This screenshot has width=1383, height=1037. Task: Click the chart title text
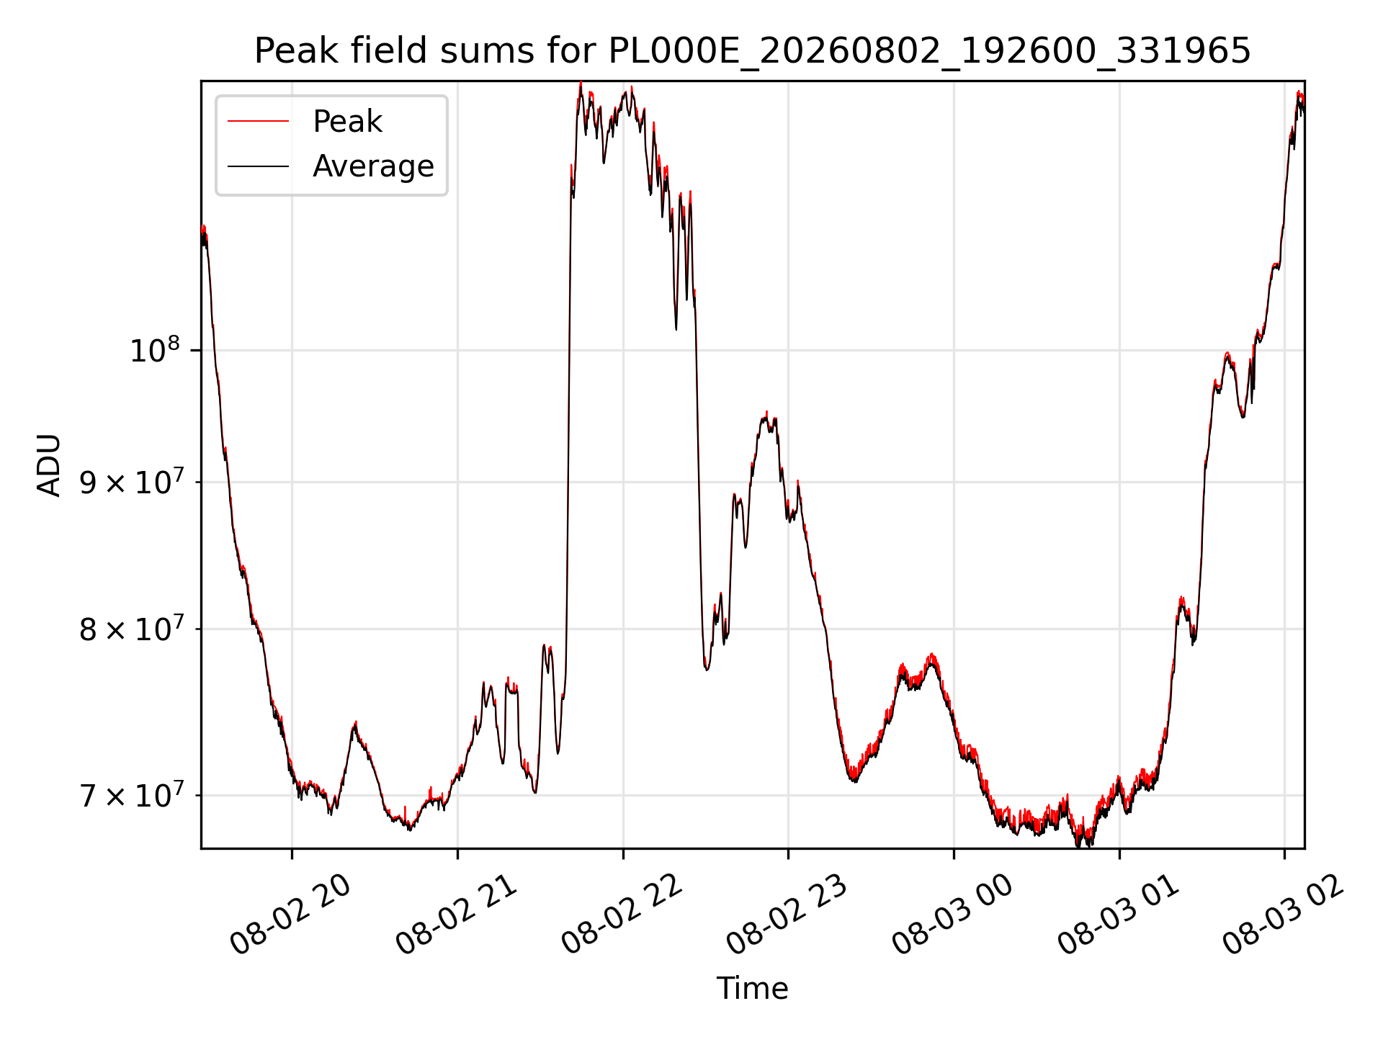[x=752, y=51]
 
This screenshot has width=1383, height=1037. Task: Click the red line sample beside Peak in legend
[x=258, y=122]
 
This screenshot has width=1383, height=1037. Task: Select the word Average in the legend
[x=373, y=166]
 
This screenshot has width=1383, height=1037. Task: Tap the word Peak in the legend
[x=347, y=122]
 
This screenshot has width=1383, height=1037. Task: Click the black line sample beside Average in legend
[x=258, y=166]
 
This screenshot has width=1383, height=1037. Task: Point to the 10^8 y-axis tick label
[x=155, y=350]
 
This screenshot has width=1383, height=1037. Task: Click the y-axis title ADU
[x=49, y=464]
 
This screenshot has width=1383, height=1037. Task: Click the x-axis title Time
[x=752, y=988]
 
